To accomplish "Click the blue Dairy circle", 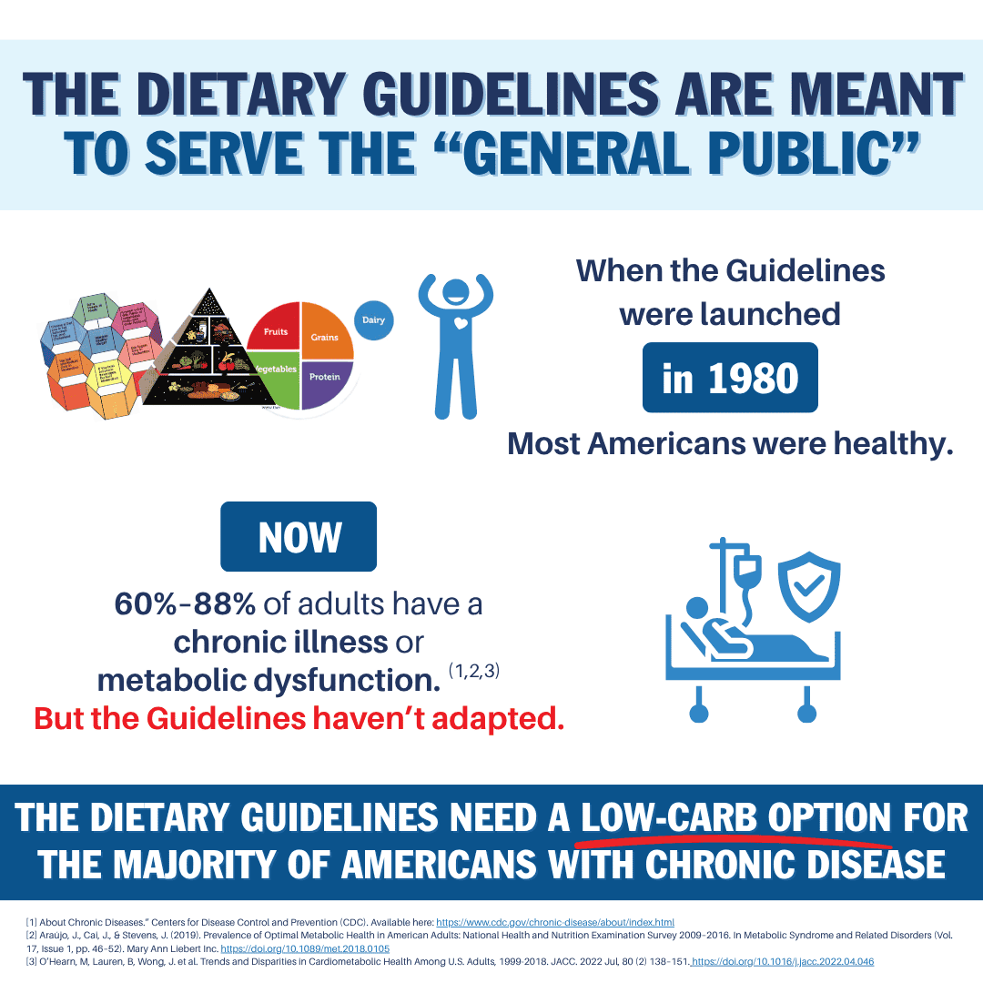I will coord(373,320).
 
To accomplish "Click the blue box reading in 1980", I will coord(730,378).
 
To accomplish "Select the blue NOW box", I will coord(299,537).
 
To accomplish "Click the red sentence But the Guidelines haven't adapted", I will coord(299,718).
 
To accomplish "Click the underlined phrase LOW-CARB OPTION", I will coord(736,818).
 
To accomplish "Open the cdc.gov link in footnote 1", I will coord(555,922).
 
